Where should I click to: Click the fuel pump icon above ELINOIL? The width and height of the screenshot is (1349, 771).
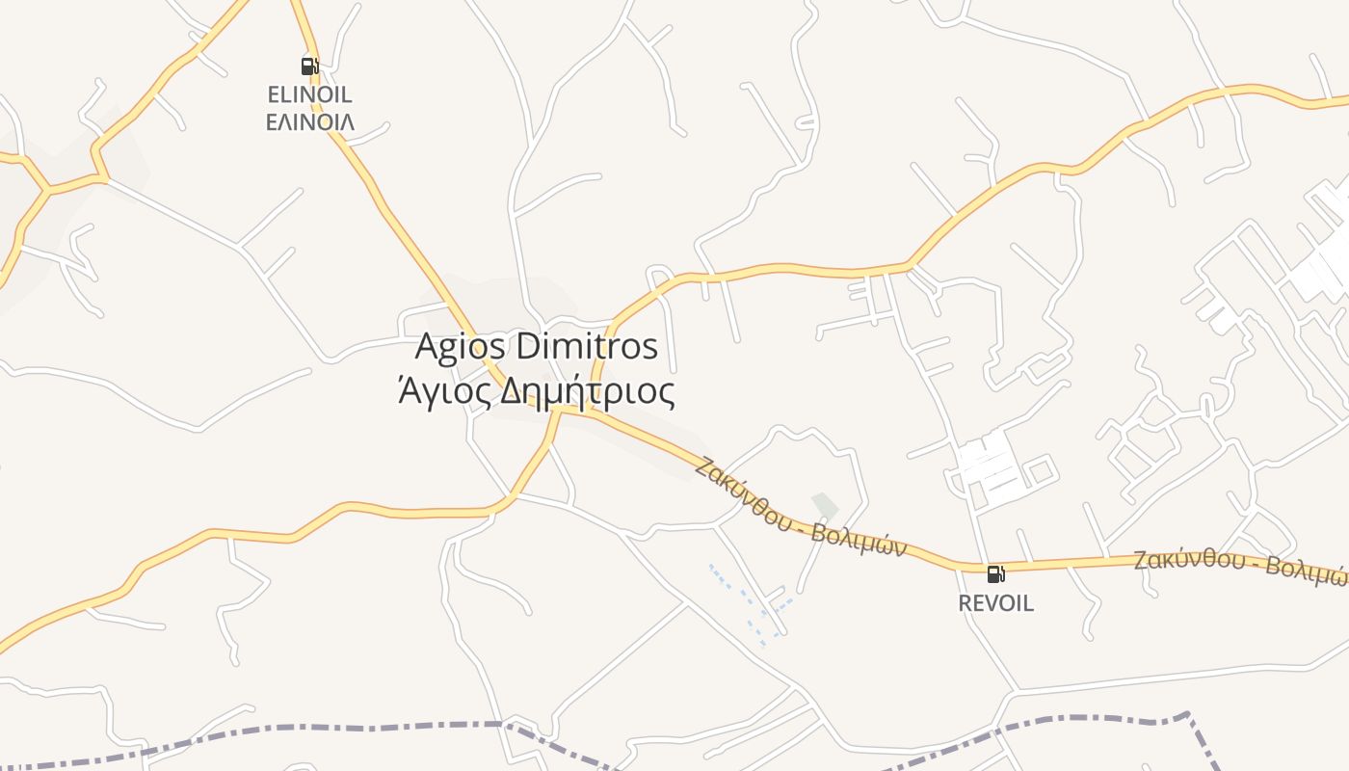pos(309,66)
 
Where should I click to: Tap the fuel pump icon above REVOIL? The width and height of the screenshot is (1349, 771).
pos(995,574)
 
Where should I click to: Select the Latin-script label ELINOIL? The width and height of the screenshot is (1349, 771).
pos(309,94)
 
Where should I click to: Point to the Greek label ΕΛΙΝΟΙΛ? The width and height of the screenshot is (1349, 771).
pos(309,122)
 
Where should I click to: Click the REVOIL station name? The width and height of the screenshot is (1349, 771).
pos(995,603)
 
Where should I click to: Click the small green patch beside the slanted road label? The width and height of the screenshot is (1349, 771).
pos(825,506)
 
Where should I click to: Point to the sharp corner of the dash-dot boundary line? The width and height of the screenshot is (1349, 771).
pos(1188,716)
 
